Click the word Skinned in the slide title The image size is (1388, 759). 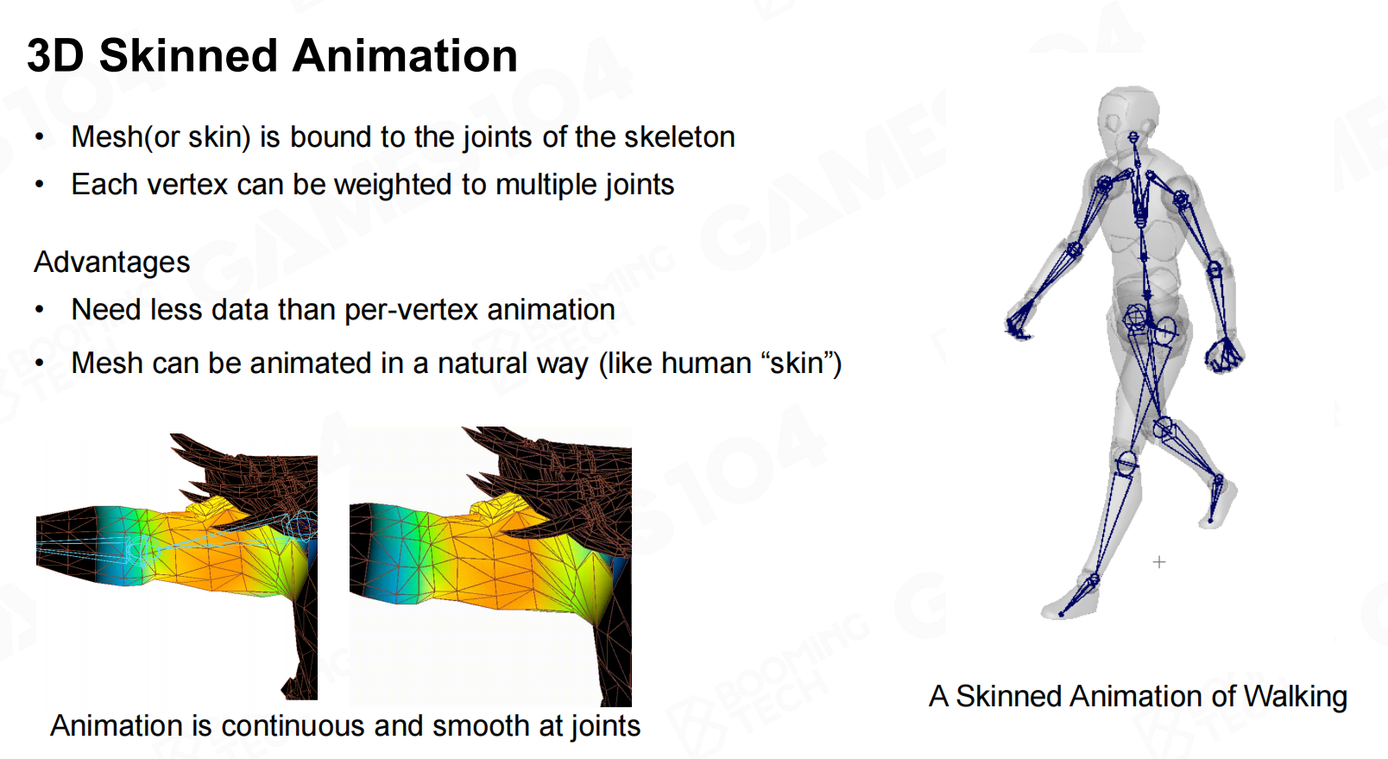tap(189, 56)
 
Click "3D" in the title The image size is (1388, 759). tap(55, 56)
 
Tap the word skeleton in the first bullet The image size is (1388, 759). tap(679, 136)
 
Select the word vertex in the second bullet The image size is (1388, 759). tap(186, 184)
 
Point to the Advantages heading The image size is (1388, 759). tap(112, 262)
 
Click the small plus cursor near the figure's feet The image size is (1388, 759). tap(1158, 562)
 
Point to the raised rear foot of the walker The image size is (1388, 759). tap(1218, 503)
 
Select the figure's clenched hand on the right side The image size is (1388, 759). tap(1224, 355)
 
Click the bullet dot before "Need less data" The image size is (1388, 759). tap(40, 309)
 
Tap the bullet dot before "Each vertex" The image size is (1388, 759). tap(40, 184)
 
